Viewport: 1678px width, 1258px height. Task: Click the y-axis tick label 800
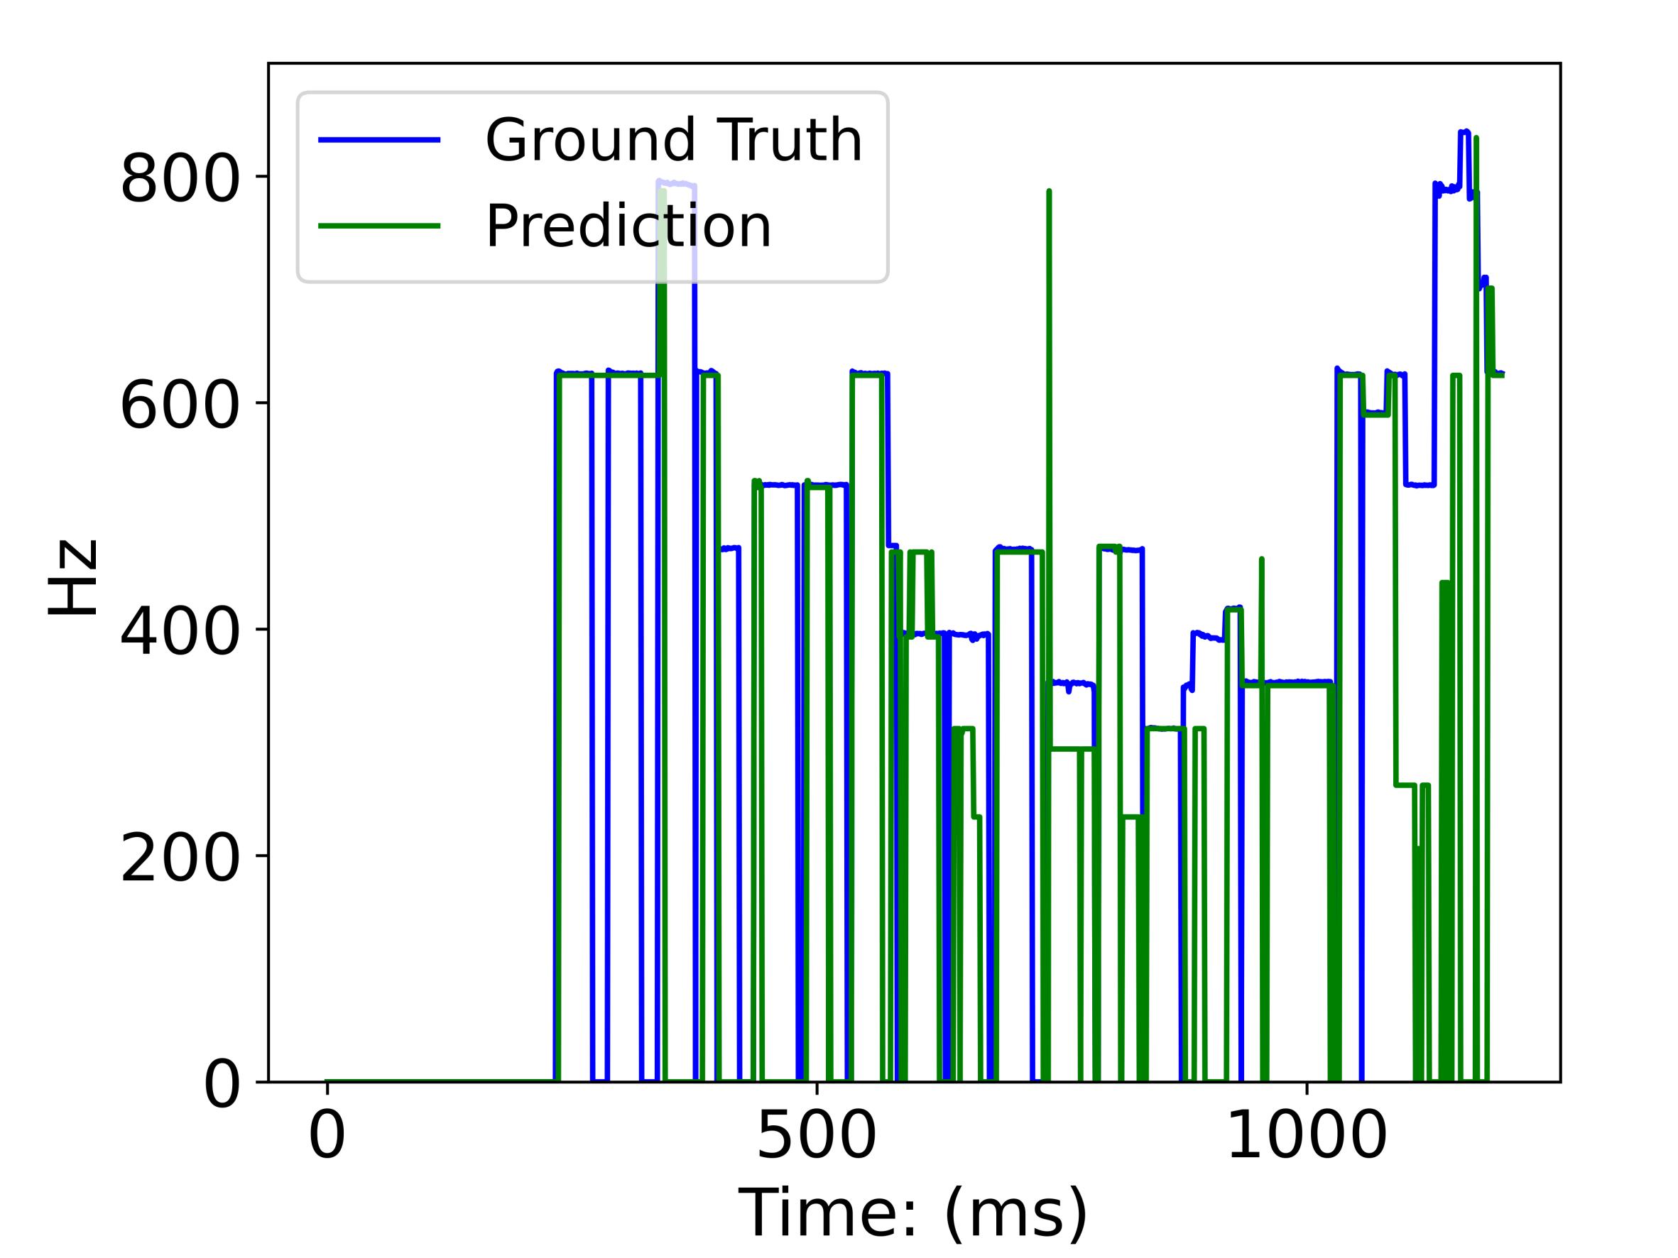[x=180, y=181]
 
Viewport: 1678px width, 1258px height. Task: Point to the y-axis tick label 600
[x=180, y=408]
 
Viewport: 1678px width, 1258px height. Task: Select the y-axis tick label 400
[x=180, y=634]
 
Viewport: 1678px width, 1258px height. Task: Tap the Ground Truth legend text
[x=674, y=141]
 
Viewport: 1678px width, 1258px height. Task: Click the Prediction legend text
[x=628, y=226]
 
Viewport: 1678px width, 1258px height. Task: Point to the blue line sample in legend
[x=379, y=141]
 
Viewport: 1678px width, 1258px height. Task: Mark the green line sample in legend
[x=379, y=226]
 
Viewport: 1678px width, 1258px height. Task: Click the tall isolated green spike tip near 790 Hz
[x=1048, y=192]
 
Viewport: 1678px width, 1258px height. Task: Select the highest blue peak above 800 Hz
[x=1464, y=132]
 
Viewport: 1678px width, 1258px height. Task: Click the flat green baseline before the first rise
[x=440, y=1081]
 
